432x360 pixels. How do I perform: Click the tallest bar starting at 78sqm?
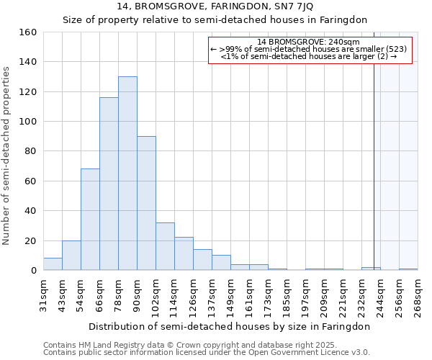point(127,174)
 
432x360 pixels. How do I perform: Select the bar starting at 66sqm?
point(109,184)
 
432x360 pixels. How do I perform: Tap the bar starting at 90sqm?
point(146,203)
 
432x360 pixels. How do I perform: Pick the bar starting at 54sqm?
point(90,220)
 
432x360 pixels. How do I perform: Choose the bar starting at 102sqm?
point(165,246)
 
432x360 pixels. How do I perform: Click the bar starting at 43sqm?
point(71,256)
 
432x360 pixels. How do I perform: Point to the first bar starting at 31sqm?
point(53,264)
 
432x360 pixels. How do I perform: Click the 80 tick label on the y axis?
point(30,151)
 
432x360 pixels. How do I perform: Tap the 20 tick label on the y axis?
point(30,240)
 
